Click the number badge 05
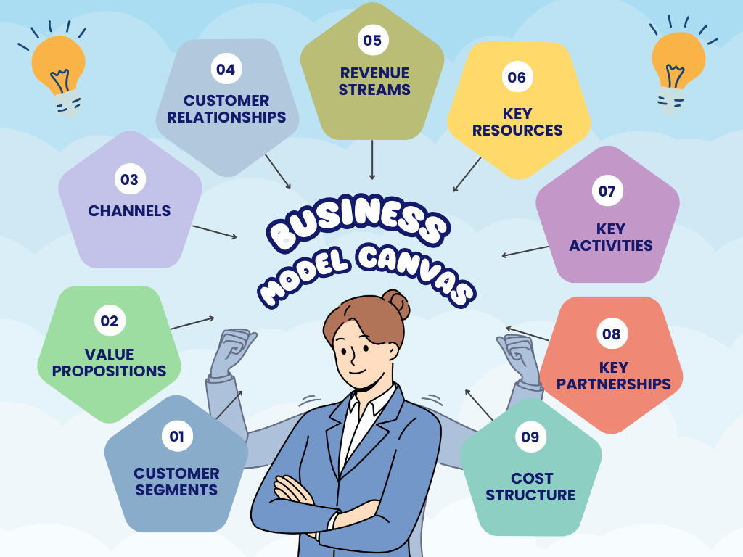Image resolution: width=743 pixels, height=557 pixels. (372, 41)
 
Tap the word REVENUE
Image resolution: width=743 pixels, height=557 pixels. (374, 73)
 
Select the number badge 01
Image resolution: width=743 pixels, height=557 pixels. (177, 436)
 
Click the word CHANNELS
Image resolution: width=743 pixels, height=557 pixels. (129, 211)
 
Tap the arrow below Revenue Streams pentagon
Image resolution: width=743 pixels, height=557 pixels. (372, 160)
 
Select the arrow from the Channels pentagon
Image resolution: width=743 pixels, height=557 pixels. (215, 232)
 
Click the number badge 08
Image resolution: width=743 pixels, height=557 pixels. (611, 334)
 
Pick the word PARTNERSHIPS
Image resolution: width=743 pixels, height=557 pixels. (614, 384)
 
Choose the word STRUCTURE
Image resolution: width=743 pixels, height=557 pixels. (530, 495)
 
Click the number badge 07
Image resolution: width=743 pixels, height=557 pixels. (607, 191)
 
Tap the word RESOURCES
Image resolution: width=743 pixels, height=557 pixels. (517, 131)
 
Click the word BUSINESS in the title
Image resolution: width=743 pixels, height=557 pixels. (358, 222)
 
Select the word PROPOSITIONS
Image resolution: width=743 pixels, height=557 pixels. (109, 371)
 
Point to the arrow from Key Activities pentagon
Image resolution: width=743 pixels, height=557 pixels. (525, 252)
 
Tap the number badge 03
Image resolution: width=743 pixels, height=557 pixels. (129, 180)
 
